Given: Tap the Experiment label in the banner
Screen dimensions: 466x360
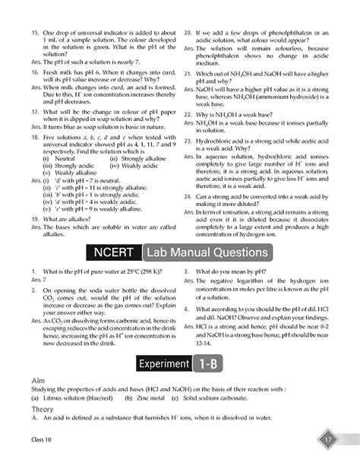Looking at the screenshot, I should pyautogui.click(x=163, y=364).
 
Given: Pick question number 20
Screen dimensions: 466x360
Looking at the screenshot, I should pyautogui.click(x=188, y=34).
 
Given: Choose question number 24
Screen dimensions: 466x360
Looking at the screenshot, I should pyautogui.click(x=188, y=195).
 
